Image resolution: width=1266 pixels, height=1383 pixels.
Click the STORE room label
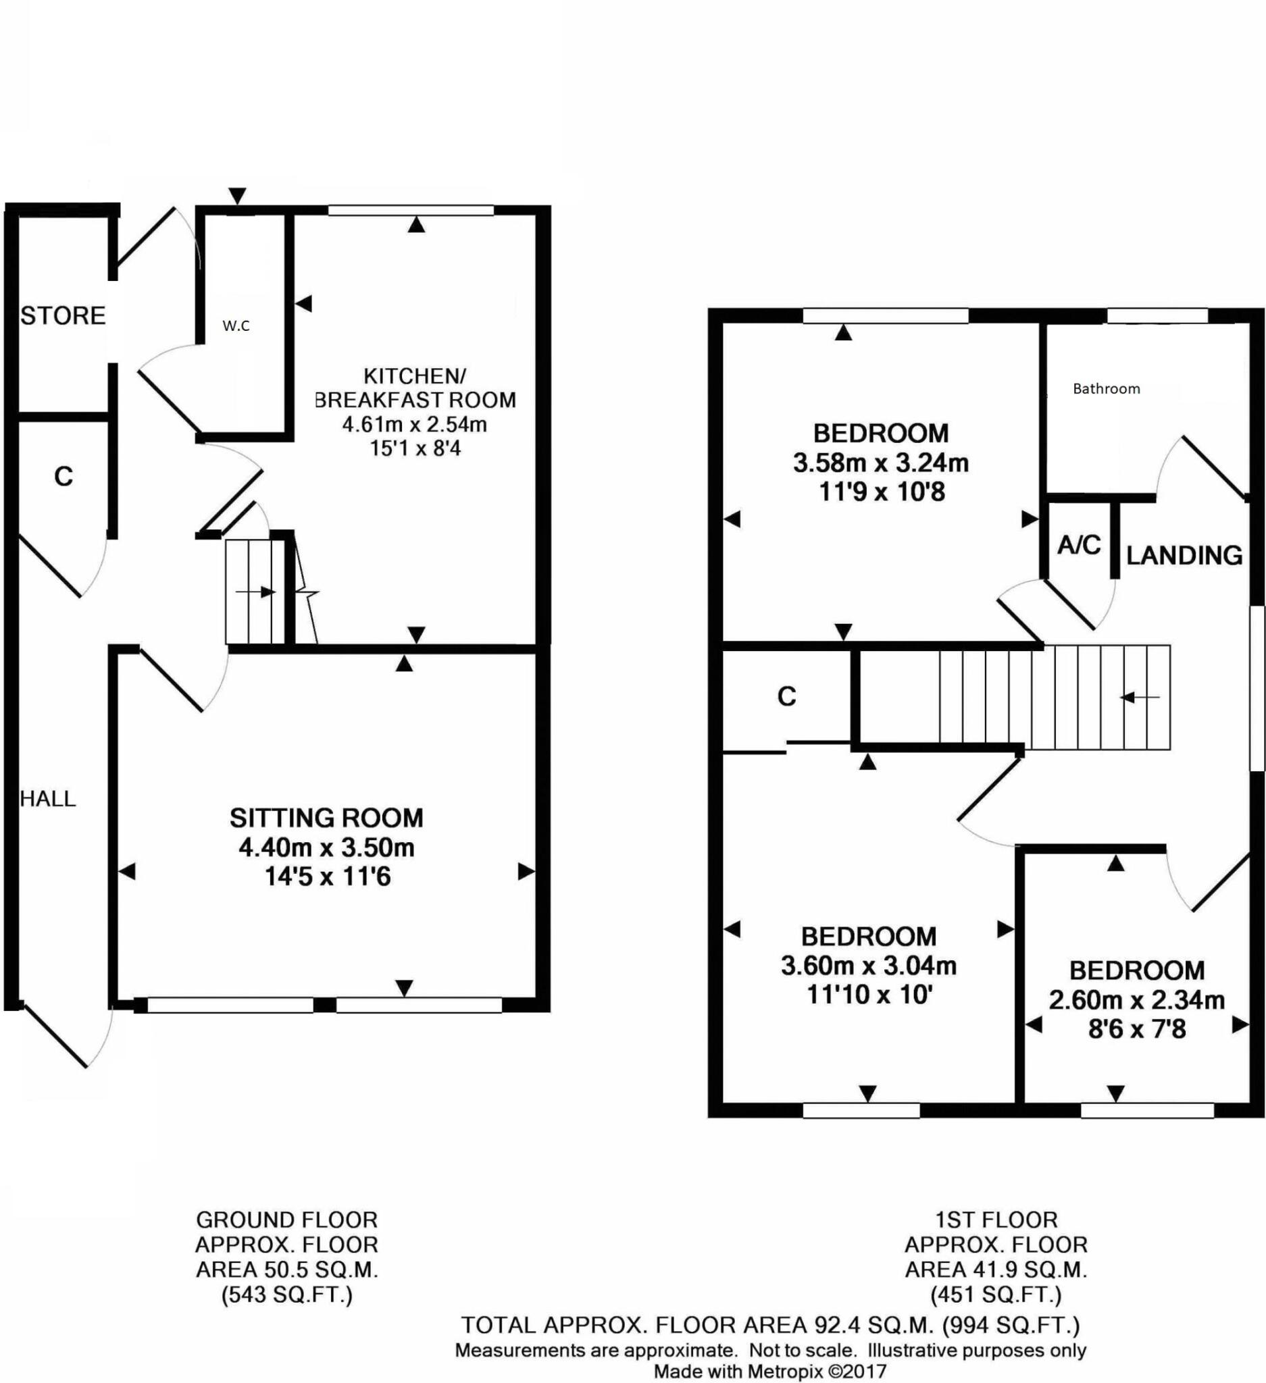63,315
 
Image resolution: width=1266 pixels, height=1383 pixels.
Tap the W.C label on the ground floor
236,327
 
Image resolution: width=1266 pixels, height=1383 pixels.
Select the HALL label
48,798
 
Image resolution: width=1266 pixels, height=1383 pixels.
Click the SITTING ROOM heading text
326,818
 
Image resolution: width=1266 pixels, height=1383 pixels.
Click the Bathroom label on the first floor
1106,389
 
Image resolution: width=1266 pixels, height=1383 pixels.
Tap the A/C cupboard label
1079,546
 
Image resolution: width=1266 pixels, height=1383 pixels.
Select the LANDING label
1184,555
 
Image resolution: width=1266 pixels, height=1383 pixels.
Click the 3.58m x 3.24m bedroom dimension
881,463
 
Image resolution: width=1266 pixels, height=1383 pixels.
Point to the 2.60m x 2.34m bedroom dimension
1137,1000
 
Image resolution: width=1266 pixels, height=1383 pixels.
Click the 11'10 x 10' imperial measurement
869,994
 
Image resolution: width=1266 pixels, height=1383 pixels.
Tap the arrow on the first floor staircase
1139,698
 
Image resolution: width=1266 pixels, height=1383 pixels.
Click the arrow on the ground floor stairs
255,592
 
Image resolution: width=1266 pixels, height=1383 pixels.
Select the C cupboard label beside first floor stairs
786,697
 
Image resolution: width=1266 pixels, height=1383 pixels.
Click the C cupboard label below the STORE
63,476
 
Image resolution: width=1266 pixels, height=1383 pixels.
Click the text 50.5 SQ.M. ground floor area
288,1269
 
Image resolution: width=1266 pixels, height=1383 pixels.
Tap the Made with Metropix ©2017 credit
770,1372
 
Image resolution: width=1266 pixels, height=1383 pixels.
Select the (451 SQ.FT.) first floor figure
996,1295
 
